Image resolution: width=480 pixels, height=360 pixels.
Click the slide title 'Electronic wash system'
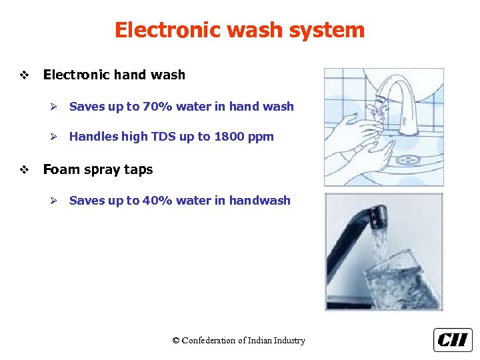click(239, 30)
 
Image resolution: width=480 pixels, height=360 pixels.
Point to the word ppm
click(261, 137)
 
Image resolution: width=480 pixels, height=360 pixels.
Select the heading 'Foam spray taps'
click(98, 169)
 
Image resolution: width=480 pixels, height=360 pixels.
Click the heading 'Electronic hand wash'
click(114, 75)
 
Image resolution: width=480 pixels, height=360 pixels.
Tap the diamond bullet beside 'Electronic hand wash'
click(25, 75)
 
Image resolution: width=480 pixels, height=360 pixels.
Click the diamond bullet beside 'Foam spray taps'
click(25, 170)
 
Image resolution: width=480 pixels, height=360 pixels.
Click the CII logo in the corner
click(453, 340)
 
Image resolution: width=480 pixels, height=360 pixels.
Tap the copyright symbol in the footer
click(176, 341)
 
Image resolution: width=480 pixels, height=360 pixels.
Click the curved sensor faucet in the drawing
click(403, 100)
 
